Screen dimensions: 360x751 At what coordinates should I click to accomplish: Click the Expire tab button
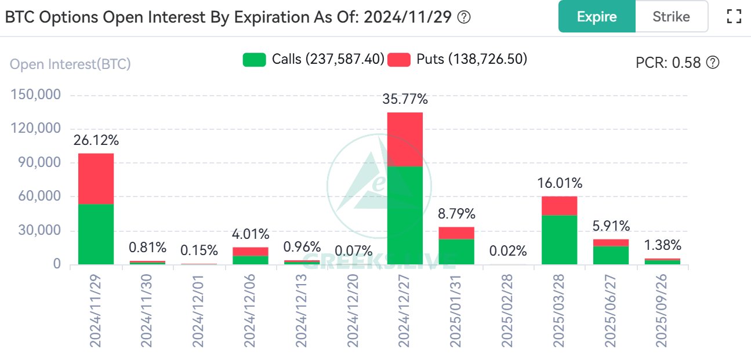tap(597, 16)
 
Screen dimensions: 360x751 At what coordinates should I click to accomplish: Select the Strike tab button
tap(671, 16)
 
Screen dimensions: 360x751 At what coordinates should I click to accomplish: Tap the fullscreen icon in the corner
tap(734, 16)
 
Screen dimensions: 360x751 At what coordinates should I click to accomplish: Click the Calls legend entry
tap(314, 59)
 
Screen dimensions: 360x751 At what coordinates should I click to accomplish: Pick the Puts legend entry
tap(458, 59)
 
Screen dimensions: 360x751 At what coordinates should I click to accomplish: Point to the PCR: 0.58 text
tap(677, 63)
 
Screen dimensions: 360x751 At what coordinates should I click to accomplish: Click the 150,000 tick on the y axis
tap(37, 94)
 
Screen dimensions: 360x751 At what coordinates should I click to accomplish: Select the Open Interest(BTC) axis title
tap(71, 64)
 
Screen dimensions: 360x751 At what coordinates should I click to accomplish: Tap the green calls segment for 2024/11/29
tap(96, 234)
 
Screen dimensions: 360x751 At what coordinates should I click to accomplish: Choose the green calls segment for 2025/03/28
tap(559, 240)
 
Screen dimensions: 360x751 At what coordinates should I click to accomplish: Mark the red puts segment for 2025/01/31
tap(456, 233)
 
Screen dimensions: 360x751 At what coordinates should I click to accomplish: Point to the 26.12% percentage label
tap(96, 140)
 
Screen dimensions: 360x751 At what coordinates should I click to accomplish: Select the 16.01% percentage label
tap(559, 184)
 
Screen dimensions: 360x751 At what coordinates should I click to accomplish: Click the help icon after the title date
tap(464, 17)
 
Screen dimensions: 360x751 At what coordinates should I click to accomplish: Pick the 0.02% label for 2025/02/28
tap(508, 251)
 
